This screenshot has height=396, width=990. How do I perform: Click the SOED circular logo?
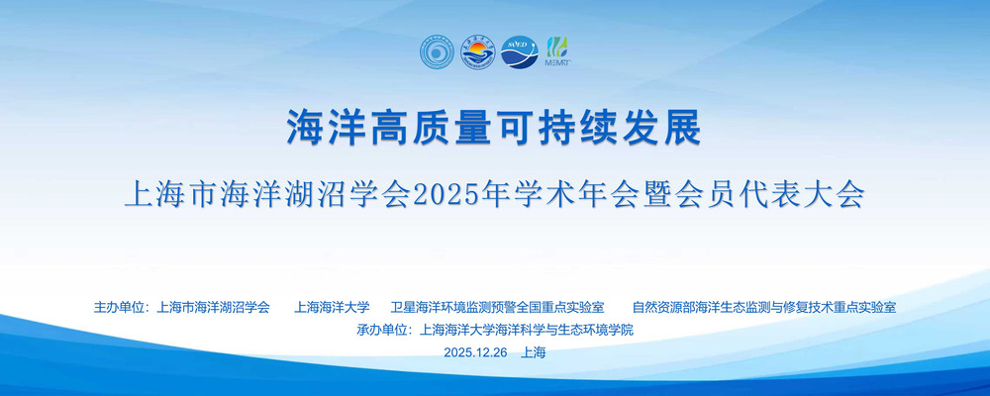520,51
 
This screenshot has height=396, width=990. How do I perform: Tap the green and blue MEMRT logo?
556,51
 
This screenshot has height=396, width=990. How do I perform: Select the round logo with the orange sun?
478,51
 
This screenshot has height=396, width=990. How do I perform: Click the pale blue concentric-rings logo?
439,51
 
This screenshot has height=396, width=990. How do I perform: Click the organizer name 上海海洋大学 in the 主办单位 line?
332,308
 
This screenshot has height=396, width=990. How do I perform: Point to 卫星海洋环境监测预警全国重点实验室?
498,308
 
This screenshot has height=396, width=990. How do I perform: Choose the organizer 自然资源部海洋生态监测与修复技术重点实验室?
764,308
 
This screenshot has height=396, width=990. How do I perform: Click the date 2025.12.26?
475,352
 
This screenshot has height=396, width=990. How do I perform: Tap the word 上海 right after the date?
534,352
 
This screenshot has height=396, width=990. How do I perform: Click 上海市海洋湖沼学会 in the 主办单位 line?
213,308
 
